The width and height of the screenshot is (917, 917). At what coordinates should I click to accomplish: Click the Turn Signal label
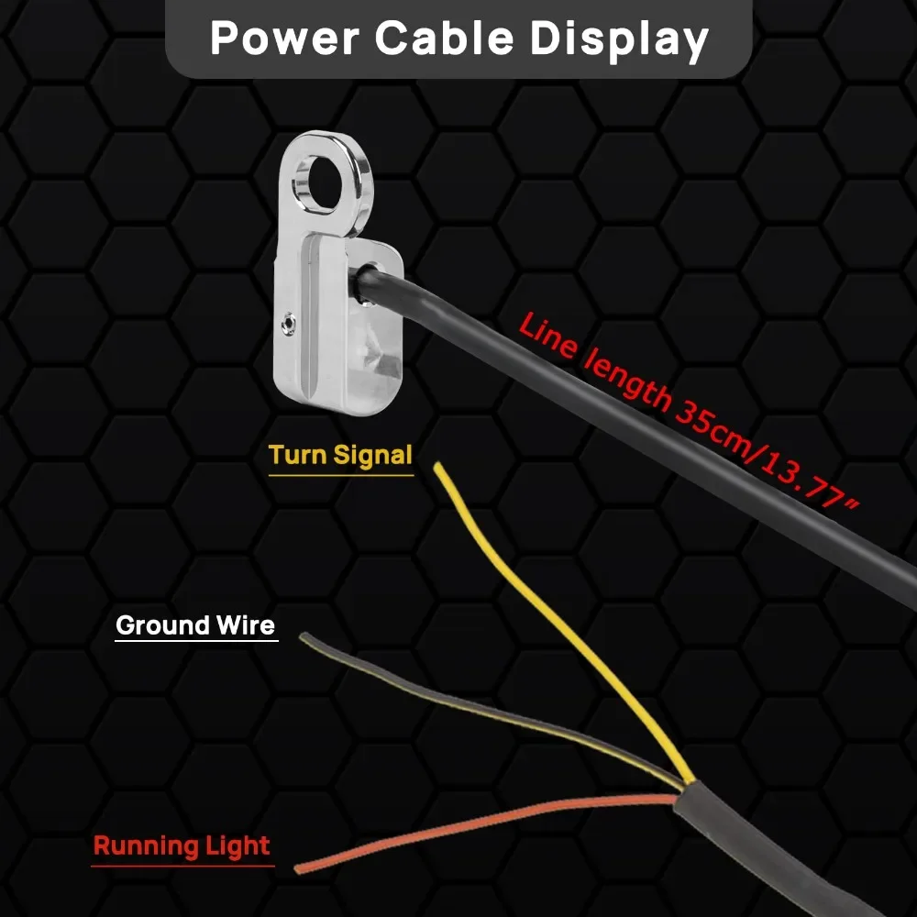tap(340, 455)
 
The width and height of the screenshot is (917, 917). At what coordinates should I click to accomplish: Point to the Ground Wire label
tap(195, 625)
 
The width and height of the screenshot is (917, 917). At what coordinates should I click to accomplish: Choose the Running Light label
tap(182, 845)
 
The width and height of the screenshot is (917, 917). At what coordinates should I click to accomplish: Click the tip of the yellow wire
tap(439, 467)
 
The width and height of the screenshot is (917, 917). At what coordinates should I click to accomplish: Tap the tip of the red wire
tap(298, 867)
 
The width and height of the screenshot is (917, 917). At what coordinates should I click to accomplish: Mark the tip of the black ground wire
tap(304, 636)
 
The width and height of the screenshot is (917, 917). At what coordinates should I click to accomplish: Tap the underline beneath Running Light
tap(183, 865)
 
